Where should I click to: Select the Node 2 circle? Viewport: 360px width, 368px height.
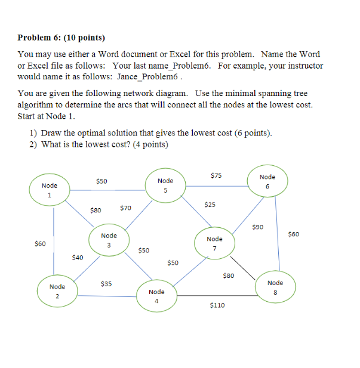pos(57,291)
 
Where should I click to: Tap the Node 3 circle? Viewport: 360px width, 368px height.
pos(109,240)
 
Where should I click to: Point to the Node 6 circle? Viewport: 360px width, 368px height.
pos(267,181)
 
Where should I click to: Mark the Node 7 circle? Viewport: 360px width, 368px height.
pos(214,243)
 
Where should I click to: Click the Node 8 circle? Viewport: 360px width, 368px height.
pos(275,287)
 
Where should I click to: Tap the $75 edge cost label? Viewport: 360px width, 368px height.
pos(216,175)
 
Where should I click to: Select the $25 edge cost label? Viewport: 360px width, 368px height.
pos(210,205)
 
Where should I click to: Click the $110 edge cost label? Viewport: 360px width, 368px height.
pos(217,305)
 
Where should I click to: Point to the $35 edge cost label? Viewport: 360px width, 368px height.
pos(106,283)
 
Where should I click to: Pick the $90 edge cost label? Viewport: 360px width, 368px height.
pos(257,227)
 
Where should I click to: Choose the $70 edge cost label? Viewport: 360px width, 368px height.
pos(125,208)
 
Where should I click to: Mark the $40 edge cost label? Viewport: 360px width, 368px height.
pos(77,257)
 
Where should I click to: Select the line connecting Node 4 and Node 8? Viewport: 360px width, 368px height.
pos(215,295)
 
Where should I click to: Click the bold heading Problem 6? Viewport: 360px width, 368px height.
pos(61,38)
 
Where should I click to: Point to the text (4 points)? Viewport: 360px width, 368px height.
pos(146,144)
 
